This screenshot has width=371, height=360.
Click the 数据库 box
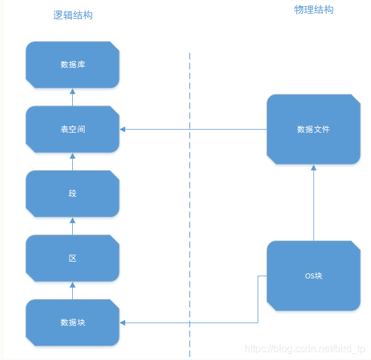pyautogui.click(x=72, y=65)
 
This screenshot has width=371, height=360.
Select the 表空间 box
pyautogui.click(x=72, y=129)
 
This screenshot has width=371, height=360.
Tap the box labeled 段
pyautogui.click(x=72, y=194)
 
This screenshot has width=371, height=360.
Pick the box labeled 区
pyautogui.click(x=72, y=258)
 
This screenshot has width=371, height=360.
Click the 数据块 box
pyautogui.click(x=72, y=323)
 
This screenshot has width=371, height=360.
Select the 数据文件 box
pyautogui.click(x=313, y=130)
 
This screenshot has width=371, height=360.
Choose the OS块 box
pyautogui.click(x=313, y=276)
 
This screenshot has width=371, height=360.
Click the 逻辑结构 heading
pyautogui.click(x=73, y=16)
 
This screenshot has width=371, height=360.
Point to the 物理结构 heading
pyautogui.click(x=313, y=9)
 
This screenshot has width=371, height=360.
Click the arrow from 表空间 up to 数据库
pyautogui.click(x=72, y=97)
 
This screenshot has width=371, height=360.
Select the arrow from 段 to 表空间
pyautogui.click(x=72, y=161)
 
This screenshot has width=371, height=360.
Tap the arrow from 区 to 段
pyautogui.click(x=72, y=226)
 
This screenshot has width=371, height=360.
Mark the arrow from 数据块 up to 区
pyautogui.click(x=72, y=290)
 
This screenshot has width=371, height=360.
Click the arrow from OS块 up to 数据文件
pyautogui.click(x=313, y=203)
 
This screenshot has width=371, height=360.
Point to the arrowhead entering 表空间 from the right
pyautogui.click(x=123, y=130)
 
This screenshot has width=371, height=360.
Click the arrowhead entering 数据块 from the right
pyautogui.click(x=123, y=323)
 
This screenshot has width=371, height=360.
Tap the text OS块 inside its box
pyautogui.click(x=313, y=276)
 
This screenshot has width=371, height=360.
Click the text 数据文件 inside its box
pyautogui.click(x=313, y=130)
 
